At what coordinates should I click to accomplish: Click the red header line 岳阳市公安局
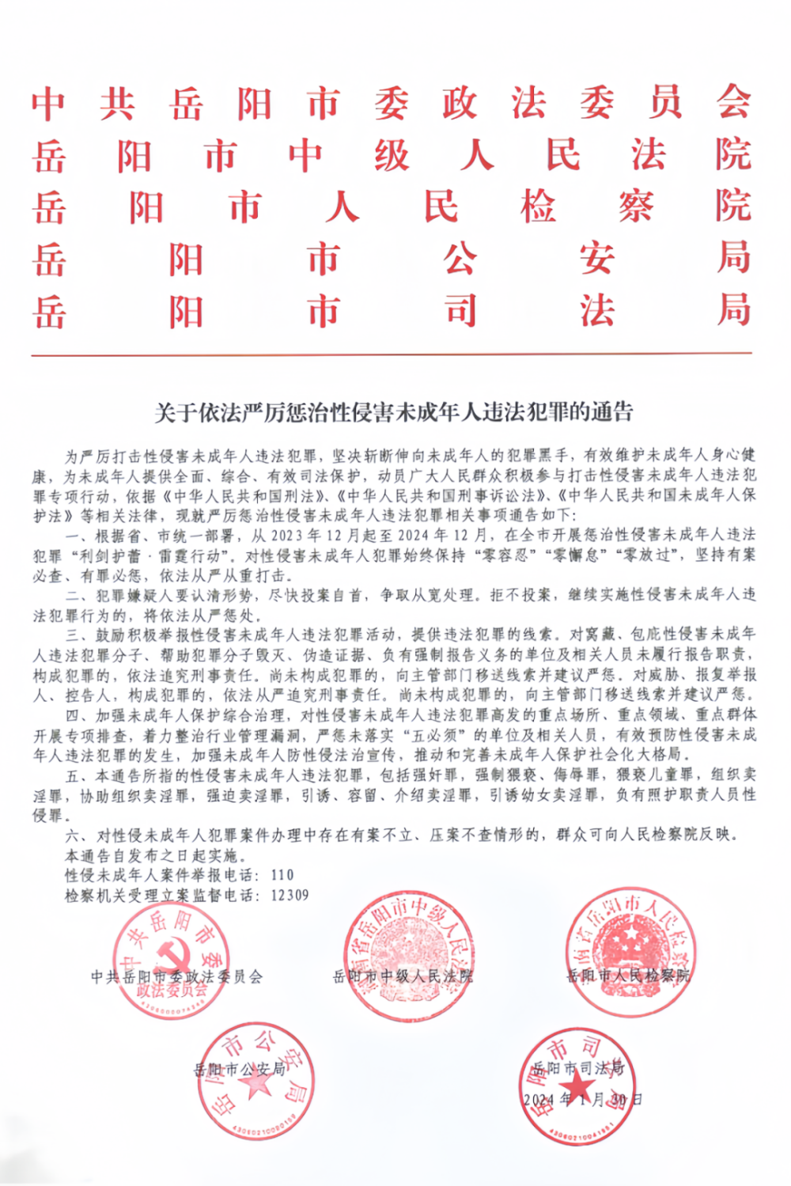(x=392, y=259)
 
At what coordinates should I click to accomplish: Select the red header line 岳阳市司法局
(x=392, y=310)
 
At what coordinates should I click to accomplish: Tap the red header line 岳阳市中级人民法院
(x=392, y=154)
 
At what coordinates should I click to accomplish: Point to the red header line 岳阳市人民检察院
(x=392, y=207)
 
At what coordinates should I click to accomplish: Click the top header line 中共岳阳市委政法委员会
(x=392, y=103)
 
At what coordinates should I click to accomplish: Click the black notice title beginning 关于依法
(x=393, y=411)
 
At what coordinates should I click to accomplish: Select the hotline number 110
(x=282, y=875)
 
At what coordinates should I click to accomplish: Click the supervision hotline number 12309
(x=290, y=895)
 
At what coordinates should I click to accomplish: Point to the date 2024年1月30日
(x=582, y=1099)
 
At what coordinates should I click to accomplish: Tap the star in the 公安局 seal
(x=255, y=1083)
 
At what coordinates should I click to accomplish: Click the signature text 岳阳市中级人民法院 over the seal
(x=403, y=976)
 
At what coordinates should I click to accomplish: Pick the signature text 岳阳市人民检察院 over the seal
(x=628, y=976)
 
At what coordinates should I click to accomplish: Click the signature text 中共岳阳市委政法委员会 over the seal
(x=176, y=976)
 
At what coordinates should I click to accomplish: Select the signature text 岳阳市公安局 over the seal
(x=240, y=1069)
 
